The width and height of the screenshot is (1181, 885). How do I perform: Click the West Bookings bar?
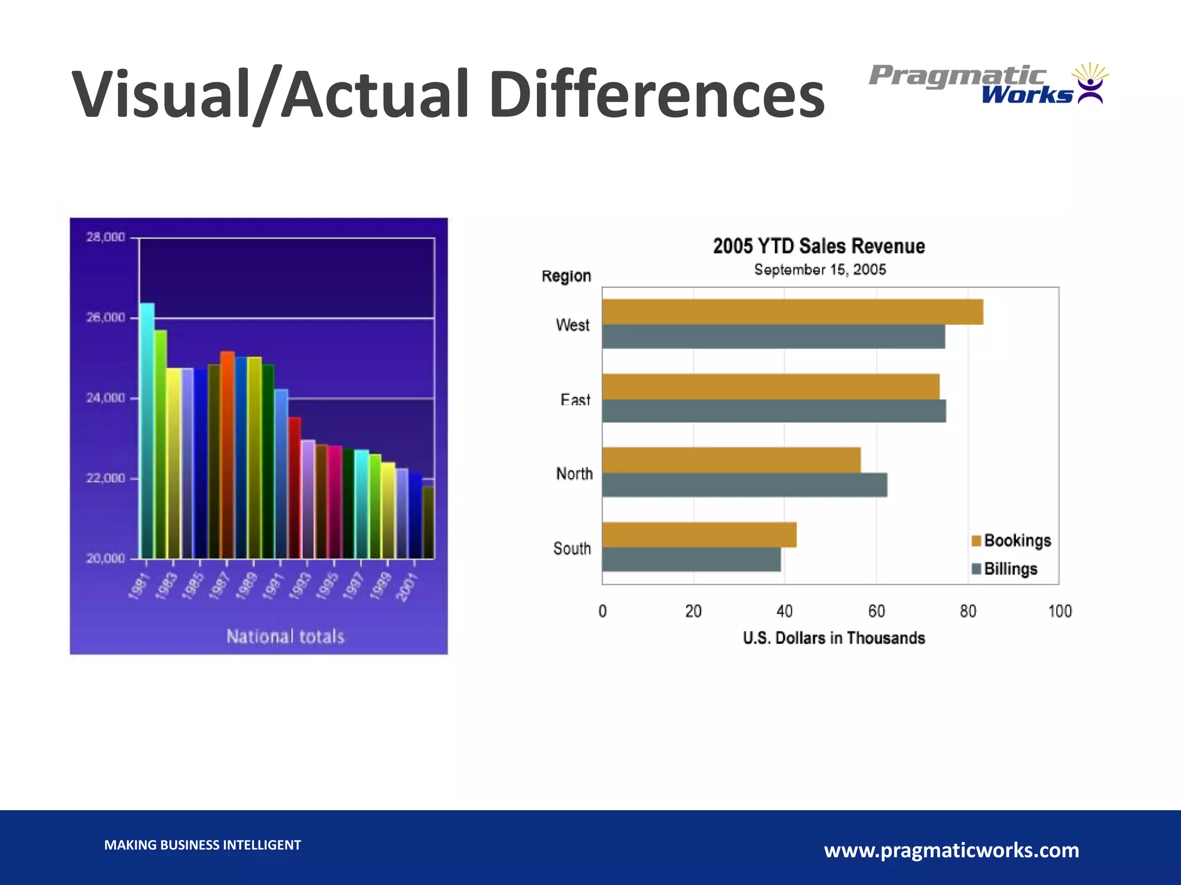pos(792,312)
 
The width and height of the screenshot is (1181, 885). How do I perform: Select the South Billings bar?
pos(691,559)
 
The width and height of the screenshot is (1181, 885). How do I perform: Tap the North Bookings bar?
pos(731,460)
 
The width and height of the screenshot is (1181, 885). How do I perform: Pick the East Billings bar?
pos(774,411)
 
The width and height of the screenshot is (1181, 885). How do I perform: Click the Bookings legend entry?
pos(1011,540)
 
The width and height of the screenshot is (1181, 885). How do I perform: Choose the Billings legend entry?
pos(1004,569)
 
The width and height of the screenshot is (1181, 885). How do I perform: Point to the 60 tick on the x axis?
pos(876,611)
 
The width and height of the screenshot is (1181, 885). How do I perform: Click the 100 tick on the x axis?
pos(1059,611)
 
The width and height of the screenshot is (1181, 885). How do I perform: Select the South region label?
pos(571,548)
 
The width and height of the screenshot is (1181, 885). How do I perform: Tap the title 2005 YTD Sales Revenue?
pos(818,246)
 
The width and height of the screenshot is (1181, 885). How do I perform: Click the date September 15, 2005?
pos(819,270)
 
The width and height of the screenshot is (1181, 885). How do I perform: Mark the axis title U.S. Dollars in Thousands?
pos(833,638)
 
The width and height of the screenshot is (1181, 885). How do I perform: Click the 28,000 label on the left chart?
pos(105,237)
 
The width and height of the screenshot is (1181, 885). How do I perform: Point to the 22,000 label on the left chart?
pos(105,478)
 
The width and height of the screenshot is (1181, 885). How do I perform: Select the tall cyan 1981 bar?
pos(146,429)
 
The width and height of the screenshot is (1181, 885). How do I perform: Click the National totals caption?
pos(285,636)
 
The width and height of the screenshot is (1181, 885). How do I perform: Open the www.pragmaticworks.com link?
pos(951,850)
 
